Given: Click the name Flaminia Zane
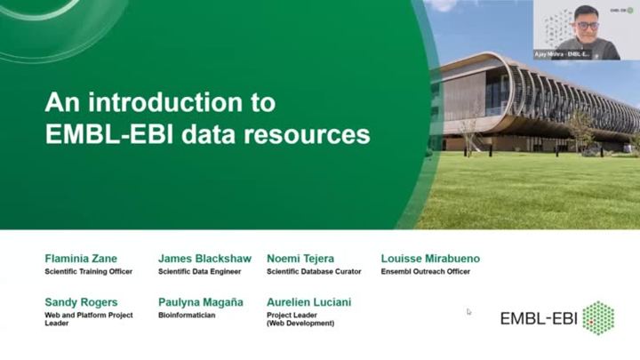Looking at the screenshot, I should tap(81, 259).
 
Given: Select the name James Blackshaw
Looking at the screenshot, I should tap(204, 259).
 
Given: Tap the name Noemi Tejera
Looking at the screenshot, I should tap(300, 259).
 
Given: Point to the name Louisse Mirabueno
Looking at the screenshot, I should tap(430, 259).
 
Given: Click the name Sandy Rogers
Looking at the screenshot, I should tap(81, 302).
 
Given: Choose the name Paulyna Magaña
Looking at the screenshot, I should tap(200, 302).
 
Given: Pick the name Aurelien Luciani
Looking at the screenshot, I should tap(308, 302).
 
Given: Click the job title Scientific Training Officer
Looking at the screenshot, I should tap(88, 271).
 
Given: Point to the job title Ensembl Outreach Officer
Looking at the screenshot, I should tap(426, 271).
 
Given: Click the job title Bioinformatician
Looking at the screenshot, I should tap(187, 315).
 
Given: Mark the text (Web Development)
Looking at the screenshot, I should tap(300, 324).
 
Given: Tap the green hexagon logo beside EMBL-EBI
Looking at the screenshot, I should tap(598, 317).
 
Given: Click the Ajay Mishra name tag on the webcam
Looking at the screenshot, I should tap(562, 54).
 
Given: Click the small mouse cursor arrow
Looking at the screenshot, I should tap(469, 311).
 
